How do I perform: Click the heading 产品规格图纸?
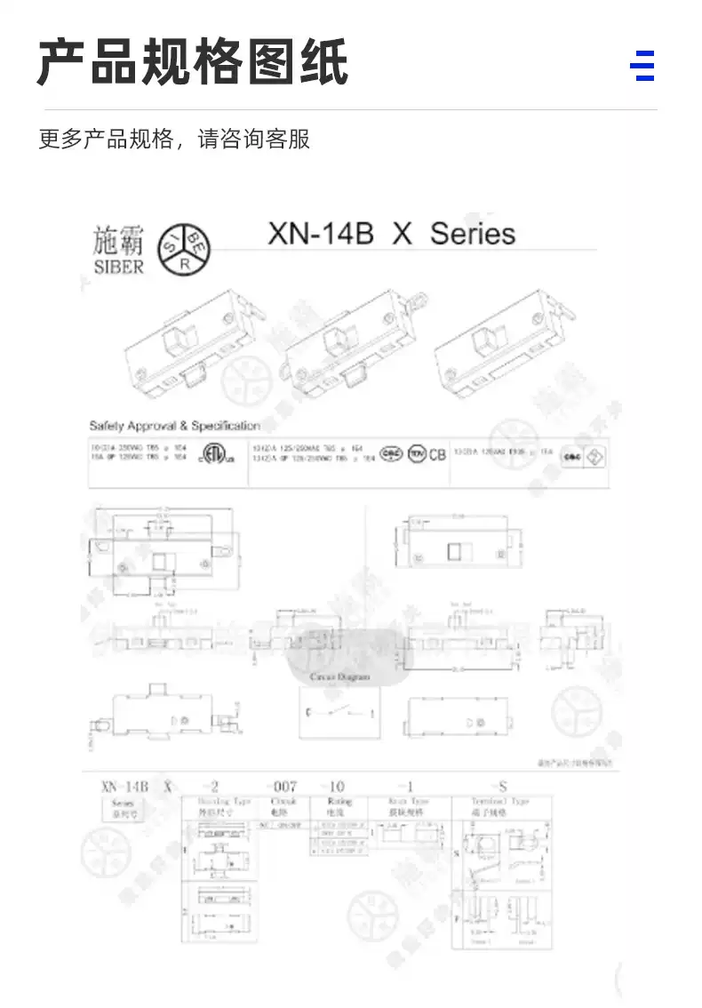point(192,62)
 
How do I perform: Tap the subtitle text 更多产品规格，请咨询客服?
point(174,140)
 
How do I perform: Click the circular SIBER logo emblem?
point(184,249)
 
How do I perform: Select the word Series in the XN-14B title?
point(472,234)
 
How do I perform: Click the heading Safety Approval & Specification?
point(174,426)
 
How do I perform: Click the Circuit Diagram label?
point(339,677)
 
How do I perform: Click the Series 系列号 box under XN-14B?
point(122,807)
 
